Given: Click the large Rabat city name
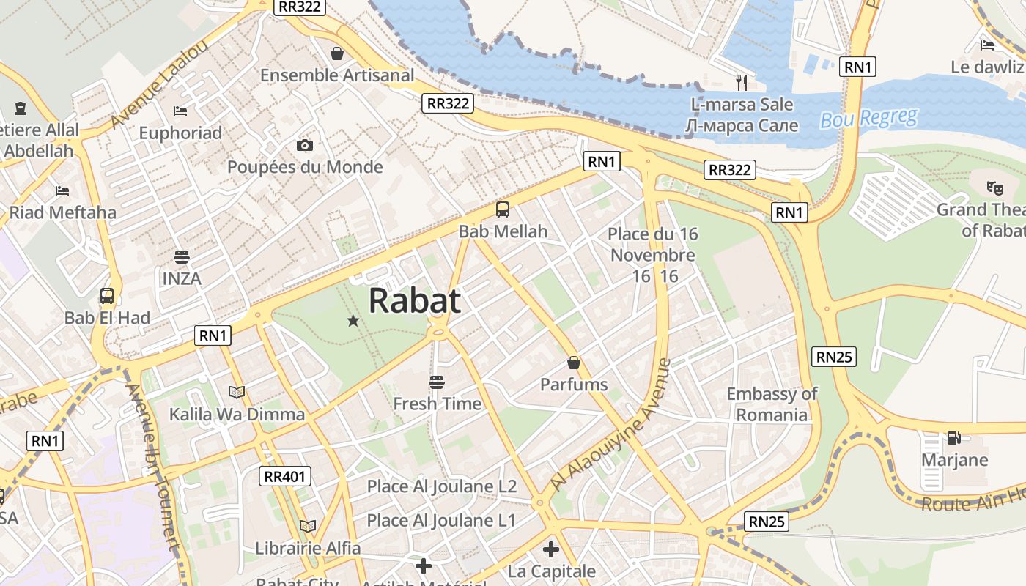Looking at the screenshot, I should click(x=415, y=300).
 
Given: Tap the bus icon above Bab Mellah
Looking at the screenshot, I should click(x=503, y=209).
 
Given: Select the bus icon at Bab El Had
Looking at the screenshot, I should click(x=107, y=296).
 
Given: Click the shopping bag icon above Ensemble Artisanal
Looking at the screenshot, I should click(x=337, y=53).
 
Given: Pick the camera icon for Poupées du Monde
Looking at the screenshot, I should click(x=305, y=145).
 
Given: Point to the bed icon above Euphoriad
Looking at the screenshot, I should click(x=180, y=111).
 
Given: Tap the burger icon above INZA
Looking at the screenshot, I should click(x=182, y=257).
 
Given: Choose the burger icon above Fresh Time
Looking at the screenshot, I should click(x=437, y=382).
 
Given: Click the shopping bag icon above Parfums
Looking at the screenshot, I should click(x=574, y=363).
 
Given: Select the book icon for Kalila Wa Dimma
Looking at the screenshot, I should click(x=237, y=392).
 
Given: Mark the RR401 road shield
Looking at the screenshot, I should click(x=286, y=477).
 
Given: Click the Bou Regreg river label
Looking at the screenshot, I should click(x=868, y=118).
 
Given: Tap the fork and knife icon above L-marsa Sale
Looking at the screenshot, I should click(x=742, y=82).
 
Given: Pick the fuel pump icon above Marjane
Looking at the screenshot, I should click(x=953, y=438).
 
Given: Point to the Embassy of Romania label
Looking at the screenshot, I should click(x=772, y=404).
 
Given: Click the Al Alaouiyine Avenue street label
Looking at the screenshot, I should click(x=610, y=425).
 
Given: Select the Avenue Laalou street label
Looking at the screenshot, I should click(x=160, y=85).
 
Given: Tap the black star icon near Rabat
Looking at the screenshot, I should click(x=353, y=320).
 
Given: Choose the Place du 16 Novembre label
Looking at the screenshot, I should click(x=653, y=245).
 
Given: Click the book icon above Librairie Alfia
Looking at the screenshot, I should click(x=308, y=526).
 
